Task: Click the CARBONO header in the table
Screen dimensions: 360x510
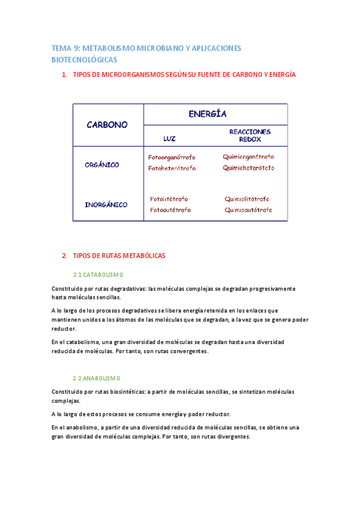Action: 108,124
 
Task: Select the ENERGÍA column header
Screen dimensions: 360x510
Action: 207,114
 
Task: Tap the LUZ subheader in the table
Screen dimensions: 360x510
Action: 169,138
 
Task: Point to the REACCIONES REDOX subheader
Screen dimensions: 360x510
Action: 250,135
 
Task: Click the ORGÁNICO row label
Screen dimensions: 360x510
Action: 102,164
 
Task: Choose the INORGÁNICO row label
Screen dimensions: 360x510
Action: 106,204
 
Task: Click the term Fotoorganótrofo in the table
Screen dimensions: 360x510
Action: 172,157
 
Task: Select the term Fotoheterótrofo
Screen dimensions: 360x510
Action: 172,168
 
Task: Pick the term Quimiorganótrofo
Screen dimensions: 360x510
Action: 248,157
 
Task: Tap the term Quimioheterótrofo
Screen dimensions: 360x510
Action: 248,168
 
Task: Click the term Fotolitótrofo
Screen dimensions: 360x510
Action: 169,199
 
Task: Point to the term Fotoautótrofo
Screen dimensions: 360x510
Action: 170,210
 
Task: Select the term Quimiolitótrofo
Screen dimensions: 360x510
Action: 247,199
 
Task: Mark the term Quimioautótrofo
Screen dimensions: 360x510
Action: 248,210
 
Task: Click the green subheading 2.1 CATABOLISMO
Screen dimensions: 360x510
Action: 97,274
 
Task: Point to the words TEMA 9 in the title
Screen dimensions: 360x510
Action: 65,48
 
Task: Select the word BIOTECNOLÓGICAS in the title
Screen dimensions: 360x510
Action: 84,60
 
